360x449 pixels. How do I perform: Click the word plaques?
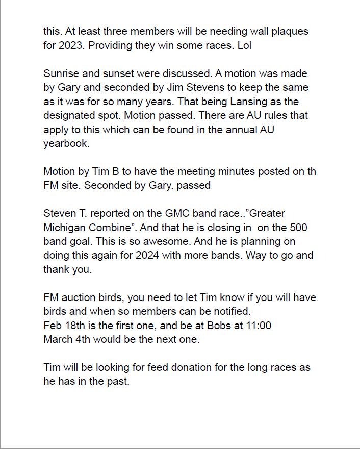click(289, 31)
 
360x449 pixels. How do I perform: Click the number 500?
click(298, 227)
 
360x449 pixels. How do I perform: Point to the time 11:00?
click(258, 325)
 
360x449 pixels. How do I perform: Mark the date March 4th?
click(66, 339)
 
